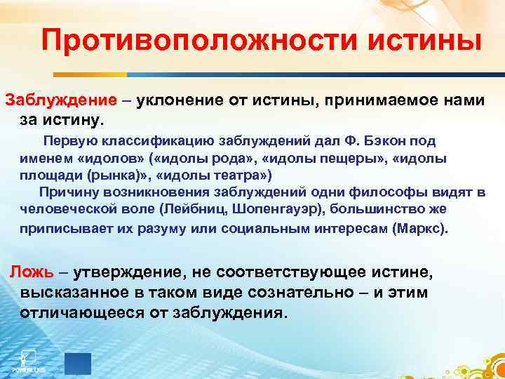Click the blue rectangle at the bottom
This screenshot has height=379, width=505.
77,362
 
